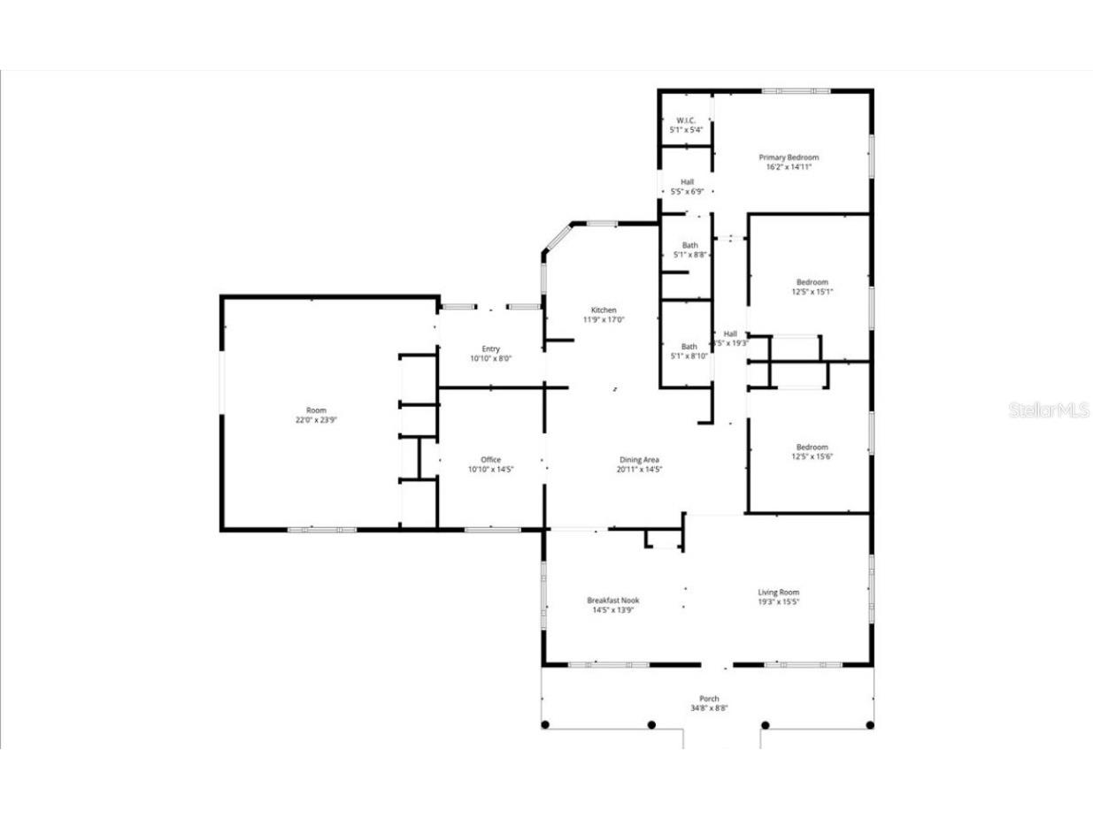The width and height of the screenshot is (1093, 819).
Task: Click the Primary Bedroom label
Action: click(788, 157)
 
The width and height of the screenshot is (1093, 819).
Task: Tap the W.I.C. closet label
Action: click(686, 120)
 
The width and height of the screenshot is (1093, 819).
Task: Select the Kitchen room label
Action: click(604, 310)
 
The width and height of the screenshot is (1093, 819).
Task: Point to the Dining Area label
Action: click(639, 460)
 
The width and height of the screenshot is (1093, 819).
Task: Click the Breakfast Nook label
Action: click(612, 601)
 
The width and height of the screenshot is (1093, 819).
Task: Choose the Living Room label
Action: click(778, 593)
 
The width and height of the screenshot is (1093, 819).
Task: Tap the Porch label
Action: click(709, 699)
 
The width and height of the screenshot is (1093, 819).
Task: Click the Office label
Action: click(490, 460)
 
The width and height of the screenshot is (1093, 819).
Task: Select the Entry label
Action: click(490, 349)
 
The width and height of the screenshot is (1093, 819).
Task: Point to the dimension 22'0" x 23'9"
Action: click(316, 420)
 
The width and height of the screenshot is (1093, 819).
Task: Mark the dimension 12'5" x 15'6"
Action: click(812, 457)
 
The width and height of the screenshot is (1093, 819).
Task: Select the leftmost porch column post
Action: click(545, 725)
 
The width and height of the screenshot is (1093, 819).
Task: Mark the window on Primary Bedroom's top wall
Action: click(796, 90)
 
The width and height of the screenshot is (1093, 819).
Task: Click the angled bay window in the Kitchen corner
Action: click(557, 239)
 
